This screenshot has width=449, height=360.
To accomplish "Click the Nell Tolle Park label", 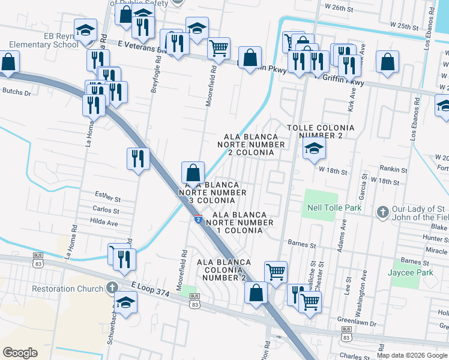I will point(334,208).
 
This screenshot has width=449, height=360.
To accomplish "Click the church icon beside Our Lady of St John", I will point(382,212).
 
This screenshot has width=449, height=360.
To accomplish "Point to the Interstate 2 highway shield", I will point(197,220).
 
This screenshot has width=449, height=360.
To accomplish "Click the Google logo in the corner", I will point(20,353).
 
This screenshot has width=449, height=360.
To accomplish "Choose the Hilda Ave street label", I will point(104,223).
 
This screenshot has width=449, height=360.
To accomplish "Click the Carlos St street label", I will point(106,210).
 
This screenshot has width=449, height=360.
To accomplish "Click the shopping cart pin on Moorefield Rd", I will point(219,47).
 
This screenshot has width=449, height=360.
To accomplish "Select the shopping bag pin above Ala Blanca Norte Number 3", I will point(193,172).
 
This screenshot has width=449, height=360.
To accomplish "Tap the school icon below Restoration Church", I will point(125,302).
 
